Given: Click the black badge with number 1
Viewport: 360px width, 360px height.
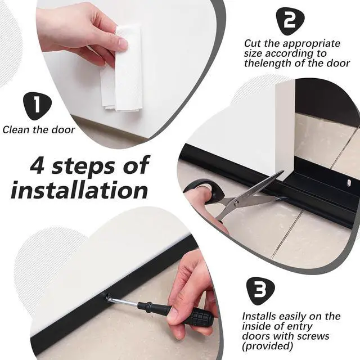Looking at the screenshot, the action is [38, 106].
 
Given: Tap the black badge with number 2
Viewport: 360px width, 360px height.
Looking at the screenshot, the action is [290, 21].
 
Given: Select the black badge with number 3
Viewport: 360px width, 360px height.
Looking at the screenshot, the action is [260, 291].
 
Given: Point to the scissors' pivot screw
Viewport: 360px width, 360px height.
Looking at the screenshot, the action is [236, 202].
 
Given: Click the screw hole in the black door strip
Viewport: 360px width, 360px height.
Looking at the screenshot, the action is [349, 183].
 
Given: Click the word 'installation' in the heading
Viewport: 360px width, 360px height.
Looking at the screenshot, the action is [79, 190].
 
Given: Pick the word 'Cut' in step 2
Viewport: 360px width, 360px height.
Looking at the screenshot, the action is [252, 43].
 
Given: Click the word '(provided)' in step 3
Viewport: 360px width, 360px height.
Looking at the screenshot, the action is [268, 346].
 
